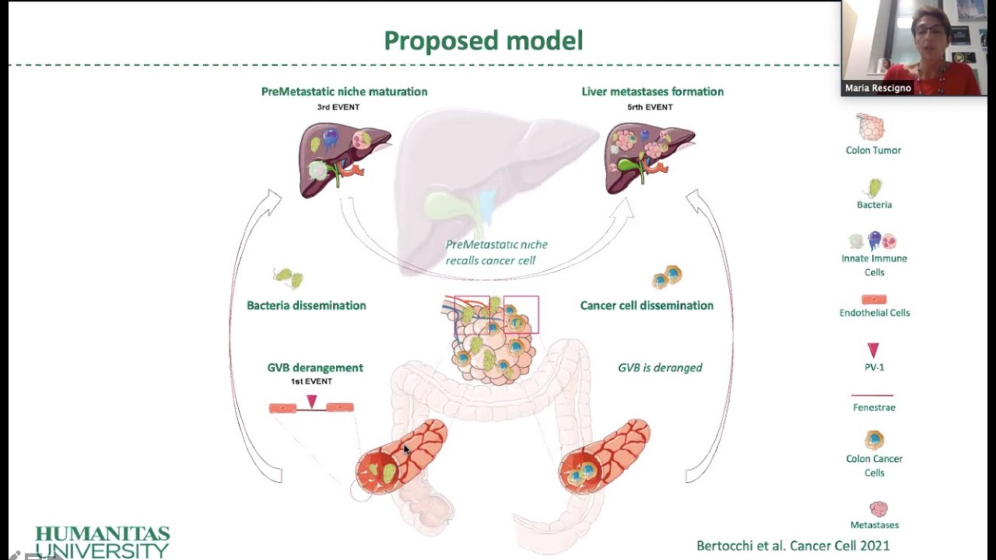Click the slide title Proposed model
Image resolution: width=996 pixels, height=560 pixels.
click(483, 40)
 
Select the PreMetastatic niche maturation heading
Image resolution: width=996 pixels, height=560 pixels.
click(344, 92)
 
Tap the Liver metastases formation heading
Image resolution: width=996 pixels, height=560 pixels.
click(652, 92)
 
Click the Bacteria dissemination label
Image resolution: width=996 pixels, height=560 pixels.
click(306, 306)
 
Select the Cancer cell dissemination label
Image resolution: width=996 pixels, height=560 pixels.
click(646, 306)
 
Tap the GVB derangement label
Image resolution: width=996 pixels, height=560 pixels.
click(314, 368)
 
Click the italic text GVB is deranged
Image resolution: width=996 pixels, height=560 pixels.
click(660, 368)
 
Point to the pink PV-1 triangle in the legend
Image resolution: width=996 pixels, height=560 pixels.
click(873, 350)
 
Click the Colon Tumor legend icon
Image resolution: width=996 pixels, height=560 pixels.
click(871, 127)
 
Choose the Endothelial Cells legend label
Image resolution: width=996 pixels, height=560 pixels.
click(874, 313)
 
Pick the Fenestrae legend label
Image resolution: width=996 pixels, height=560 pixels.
click(874, 408)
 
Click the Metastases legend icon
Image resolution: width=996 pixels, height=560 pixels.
click(878, 509)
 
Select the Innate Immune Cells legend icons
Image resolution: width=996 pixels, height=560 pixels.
click(873, 241)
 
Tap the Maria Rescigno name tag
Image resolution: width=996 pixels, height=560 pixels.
click(878, 89)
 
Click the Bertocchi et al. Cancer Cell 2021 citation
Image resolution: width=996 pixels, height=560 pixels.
click(793, 546)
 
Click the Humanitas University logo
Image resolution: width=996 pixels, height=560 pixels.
click(102, 541)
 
